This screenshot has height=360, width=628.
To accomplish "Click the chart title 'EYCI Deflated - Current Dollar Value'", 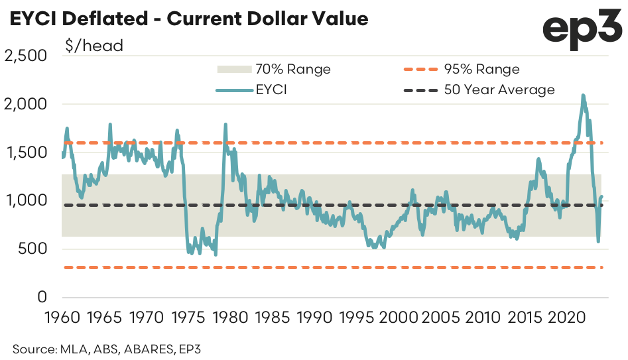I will (188, 19).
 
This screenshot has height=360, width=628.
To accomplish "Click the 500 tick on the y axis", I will (34, 249).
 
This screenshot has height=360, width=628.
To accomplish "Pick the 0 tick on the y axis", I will (42, 298).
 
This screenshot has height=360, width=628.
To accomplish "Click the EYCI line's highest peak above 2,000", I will (583, 95).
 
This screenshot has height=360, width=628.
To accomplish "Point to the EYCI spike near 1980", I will (225, 124).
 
